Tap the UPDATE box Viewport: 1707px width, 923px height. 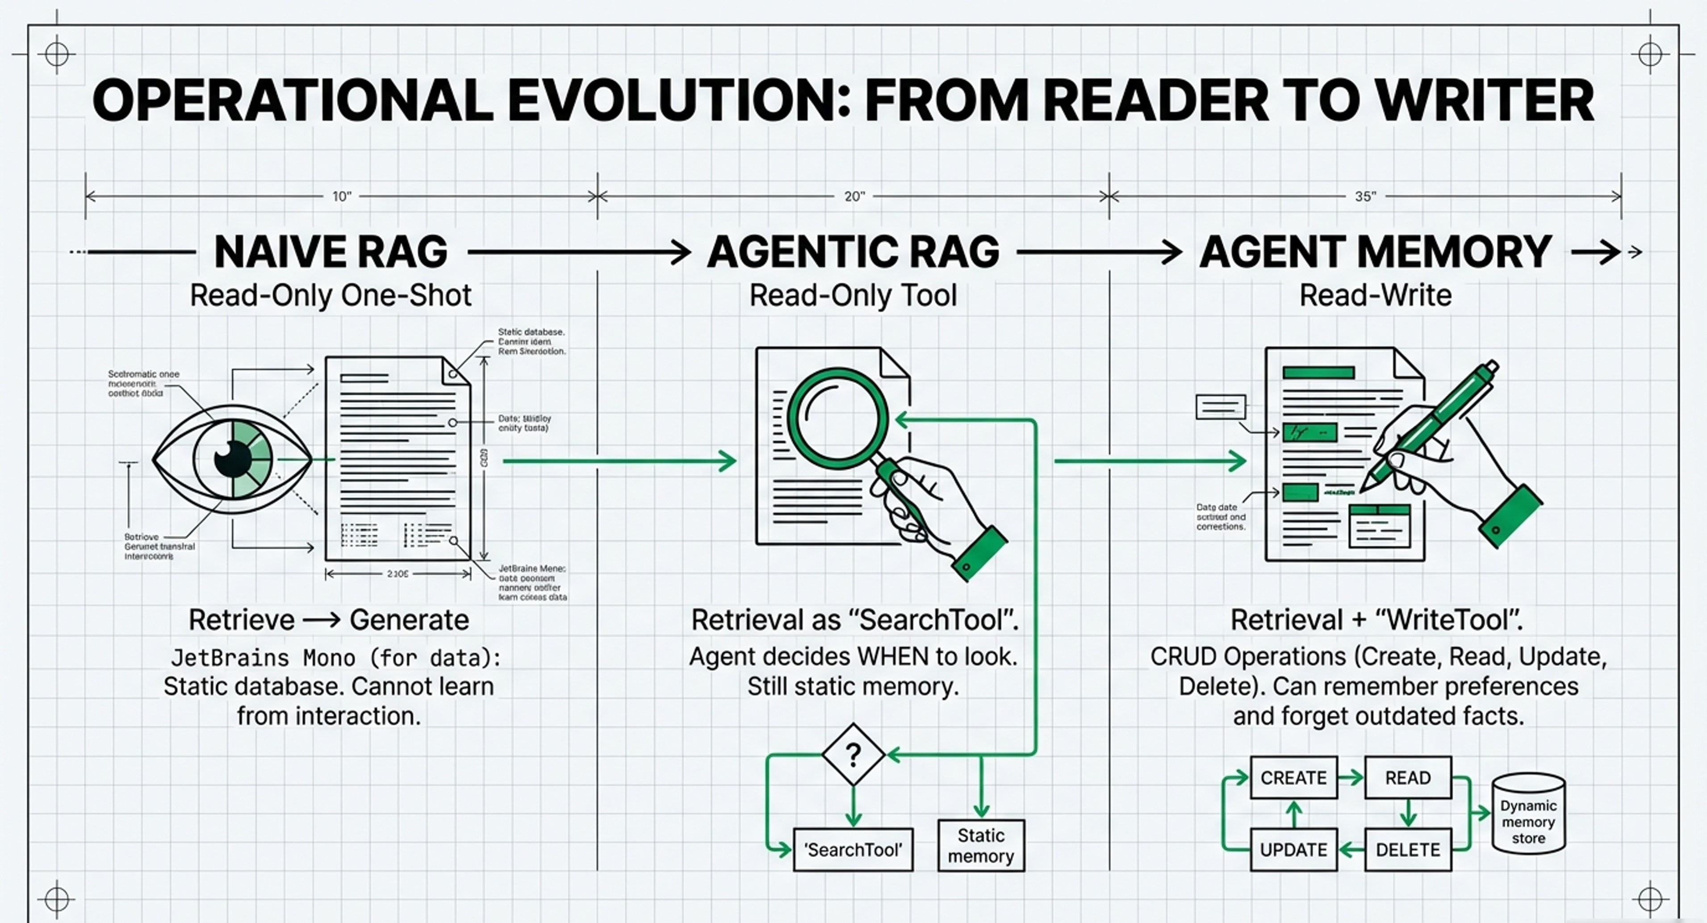pyautogui.click(x=1293, y=849)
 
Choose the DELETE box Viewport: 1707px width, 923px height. pyautogui.click(x=1407, y=849)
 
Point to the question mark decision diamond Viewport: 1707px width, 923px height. pyautogui.click(x=853, y=755)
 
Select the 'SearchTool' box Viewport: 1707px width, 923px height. pyautogui.click(x=853, y=849)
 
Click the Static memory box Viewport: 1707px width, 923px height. pyautogui.click(x=981, y=845)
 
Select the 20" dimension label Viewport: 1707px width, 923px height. pyautogui.click(x=854, y=196)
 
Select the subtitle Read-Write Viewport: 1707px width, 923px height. pyautogui.click(x=1376, y=295)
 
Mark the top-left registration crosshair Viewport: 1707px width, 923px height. pyautogui.click(x=57, y=55)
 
